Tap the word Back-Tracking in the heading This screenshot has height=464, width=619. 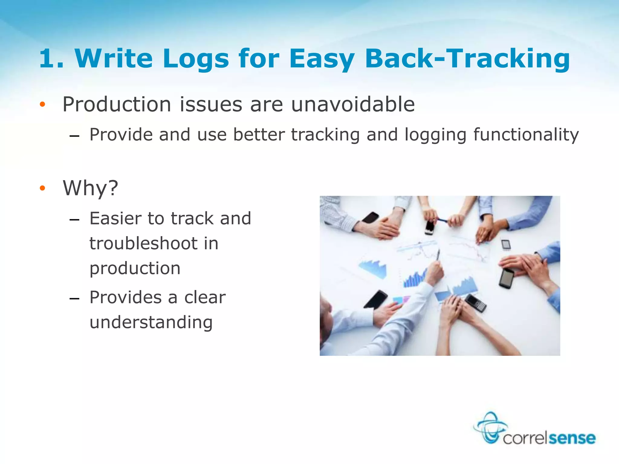tap(467, 59)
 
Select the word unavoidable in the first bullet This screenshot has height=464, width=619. tap(353, 105)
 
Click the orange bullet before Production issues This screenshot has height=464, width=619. tap(42, 105)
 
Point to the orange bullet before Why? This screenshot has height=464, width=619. tap(42, 188)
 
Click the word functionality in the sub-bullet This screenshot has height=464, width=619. tap(526, 135)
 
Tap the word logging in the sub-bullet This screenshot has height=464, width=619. tap(435, 135)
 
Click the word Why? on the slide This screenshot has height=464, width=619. tap(90, 188)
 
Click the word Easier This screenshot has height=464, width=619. tap(115, 218)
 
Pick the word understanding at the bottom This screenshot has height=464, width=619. tap(151, 323)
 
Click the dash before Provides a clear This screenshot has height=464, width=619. tap(74, 299)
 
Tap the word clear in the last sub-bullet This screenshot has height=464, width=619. tap(205, 298)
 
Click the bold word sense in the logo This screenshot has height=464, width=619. tap(572, 438)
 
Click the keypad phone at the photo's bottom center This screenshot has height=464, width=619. tap(475, 303)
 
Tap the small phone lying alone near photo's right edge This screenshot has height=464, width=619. tap(506, 245)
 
